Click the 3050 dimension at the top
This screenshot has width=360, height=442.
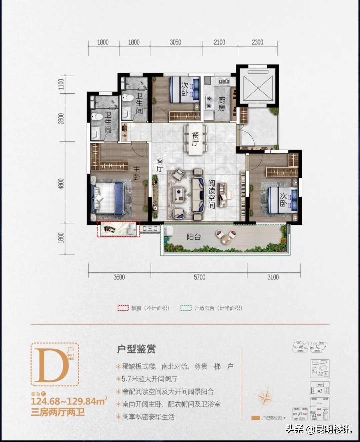175,42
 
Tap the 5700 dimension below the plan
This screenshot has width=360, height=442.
200,277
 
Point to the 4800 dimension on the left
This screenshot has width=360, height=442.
61,184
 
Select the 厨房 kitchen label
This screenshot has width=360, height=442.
222,104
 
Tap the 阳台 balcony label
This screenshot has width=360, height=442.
194,237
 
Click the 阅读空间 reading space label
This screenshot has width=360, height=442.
212,194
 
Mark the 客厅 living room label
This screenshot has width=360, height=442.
160,165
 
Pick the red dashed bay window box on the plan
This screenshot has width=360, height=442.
118,229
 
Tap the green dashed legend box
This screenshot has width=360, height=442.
186,308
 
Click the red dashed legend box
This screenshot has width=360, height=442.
123,308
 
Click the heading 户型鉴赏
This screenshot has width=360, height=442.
136,349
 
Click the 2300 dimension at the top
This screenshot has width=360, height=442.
257,42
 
